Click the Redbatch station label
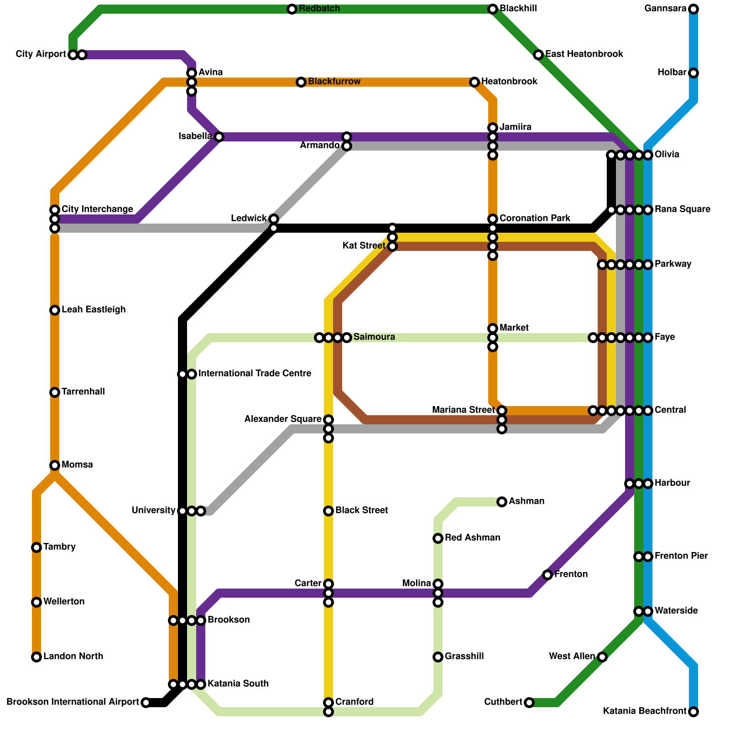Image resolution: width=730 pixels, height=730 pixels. (319, 9)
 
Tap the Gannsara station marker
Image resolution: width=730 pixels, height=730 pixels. (693, 9)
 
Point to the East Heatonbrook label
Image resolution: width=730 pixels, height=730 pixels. (584, 54)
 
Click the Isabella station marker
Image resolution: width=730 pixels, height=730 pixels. (219, 137)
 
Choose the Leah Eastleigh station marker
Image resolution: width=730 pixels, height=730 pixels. (55, 310)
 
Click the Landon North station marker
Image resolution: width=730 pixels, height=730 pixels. (36, 657)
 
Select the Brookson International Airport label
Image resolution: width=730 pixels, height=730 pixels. (73, 702)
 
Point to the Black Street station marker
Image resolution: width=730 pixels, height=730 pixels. (328, 511)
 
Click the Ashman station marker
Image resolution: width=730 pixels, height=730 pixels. (502, 502)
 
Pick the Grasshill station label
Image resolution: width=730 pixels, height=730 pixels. (464, 657)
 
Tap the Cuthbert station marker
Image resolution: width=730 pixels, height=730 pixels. (529, 703)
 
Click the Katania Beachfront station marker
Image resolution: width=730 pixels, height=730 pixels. (693, 712)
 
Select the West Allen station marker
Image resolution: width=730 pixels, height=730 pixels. (602, 657)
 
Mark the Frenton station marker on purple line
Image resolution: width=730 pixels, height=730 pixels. (547, 575)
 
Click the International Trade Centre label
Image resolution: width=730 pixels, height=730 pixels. (255, 374)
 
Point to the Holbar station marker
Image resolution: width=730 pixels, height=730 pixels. (693, 73)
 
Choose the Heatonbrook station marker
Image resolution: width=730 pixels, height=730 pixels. (474, 82)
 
